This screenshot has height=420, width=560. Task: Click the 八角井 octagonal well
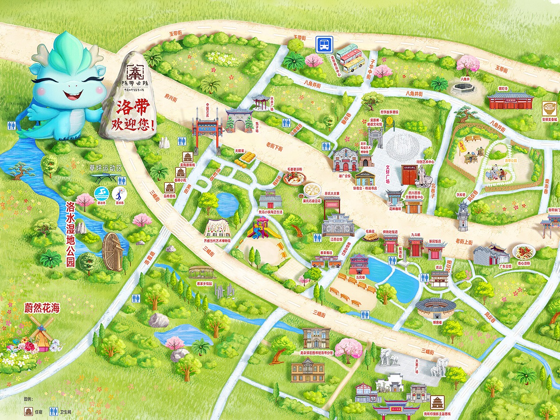pyautogui.click(x=463, y=88)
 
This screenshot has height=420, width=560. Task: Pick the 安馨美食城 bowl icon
pyautogui.click(x=549, y=109)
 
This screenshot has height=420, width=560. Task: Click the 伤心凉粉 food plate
pyautogui.click(x=524, y=252)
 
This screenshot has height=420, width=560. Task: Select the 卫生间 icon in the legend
pyautogui.click(x=54, y=411)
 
